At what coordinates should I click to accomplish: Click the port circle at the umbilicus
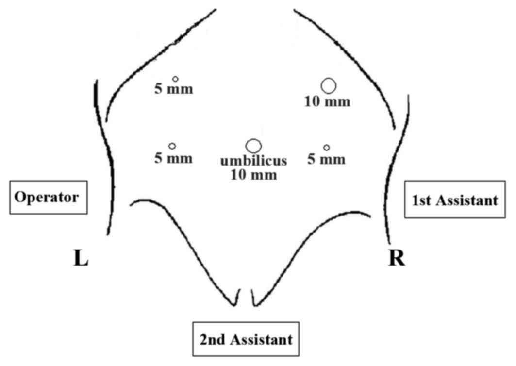[253, 146]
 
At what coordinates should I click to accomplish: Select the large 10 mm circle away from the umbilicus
[329, 85]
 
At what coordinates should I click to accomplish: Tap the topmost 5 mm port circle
[176, 79]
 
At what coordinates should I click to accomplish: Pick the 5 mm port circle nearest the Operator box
[172, 146]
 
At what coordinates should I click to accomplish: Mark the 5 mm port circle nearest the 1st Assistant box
[327, 147]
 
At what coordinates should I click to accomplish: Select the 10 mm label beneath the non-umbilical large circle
[327, 102]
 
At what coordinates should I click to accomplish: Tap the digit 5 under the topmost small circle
[158, 90]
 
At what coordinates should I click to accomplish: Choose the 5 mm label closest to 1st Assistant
[327, 159]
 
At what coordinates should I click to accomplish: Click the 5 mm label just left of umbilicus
[174, 158]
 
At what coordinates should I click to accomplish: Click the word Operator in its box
[47, 198]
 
